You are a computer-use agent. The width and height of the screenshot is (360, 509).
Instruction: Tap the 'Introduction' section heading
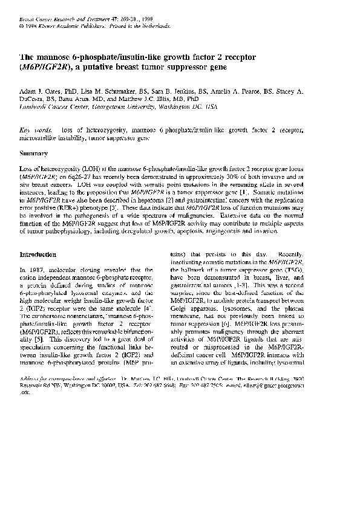(x=38, y=254)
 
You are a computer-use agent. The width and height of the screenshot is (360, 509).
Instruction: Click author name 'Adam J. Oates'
(x=39, y=91)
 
